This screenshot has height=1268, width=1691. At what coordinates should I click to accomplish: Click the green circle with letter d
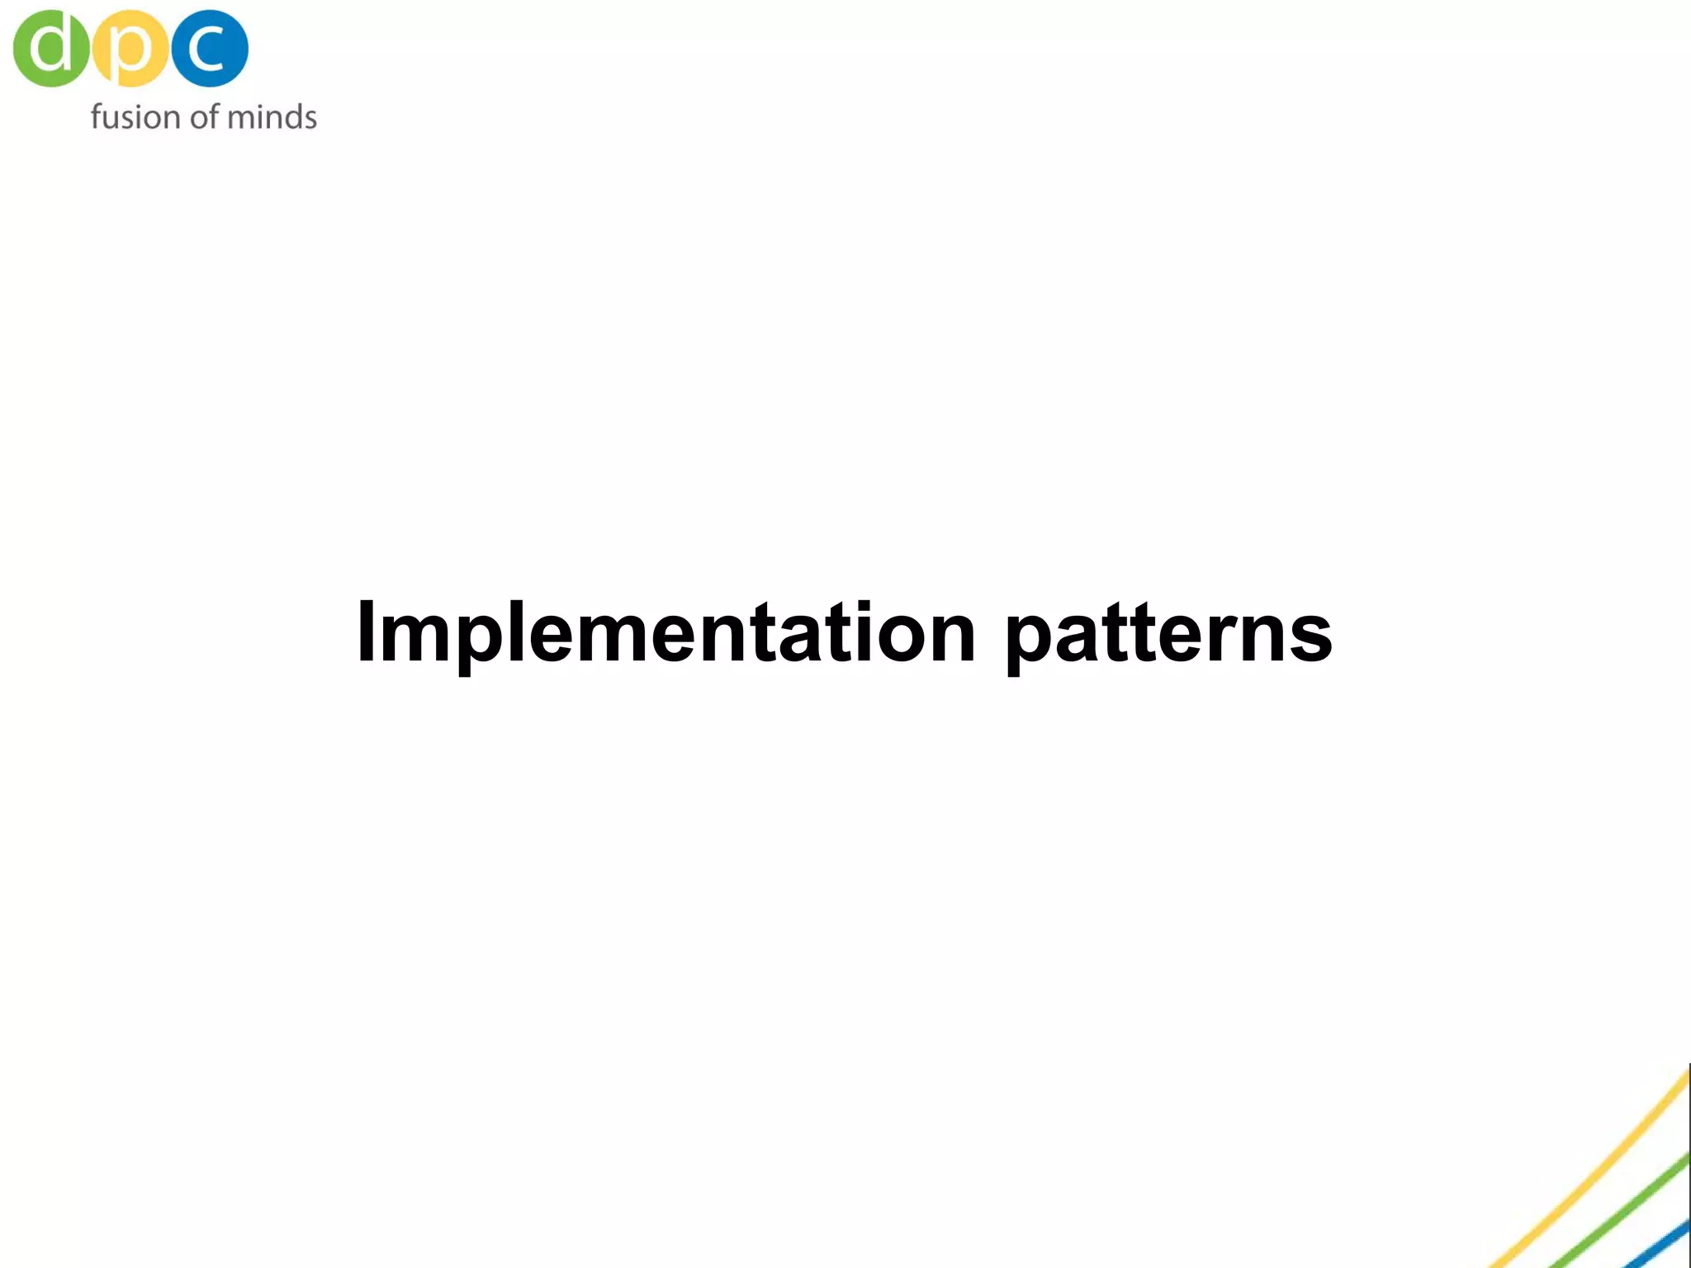point(50,49)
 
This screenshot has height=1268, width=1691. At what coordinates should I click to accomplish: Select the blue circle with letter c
point(210,49)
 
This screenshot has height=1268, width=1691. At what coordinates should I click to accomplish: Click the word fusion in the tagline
point(135,116)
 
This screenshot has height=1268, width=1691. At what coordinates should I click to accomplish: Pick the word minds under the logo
point(272,116)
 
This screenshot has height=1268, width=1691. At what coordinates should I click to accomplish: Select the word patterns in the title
point(1168,634)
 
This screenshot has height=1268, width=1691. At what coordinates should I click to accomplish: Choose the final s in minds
point(309,119)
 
